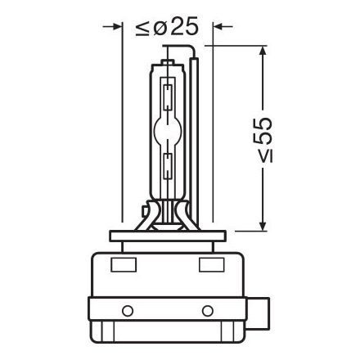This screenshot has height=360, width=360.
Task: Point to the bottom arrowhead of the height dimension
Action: pyautogui.click(x=262, y=225)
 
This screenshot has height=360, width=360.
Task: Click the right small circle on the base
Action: pyautogui.click(x=207, y=312)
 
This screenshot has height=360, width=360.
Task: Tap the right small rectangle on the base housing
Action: pyautogui.click(x=210, y=266)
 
